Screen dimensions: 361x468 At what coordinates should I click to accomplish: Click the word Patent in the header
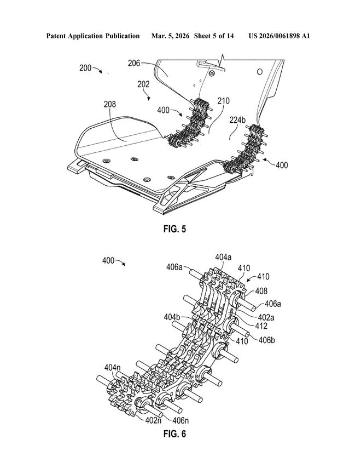[56, 36]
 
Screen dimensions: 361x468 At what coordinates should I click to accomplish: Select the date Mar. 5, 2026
[170, 36]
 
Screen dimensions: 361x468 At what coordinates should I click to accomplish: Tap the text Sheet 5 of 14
[214, 36]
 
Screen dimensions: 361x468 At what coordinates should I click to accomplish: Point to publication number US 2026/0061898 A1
[279, 36]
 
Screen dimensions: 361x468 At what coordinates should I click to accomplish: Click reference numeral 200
[85, 68]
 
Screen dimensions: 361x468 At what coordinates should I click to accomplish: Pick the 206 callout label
[134, 63]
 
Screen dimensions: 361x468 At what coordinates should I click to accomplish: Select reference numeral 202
[143, 84]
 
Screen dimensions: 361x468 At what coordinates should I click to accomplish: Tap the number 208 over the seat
[110, 104]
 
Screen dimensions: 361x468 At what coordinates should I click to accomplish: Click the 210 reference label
[223, 101]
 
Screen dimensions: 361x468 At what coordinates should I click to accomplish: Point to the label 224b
[237, 120]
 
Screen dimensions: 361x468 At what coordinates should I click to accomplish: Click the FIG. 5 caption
[174, 229]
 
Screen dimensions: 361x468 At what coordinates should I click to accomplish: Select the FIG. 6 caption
[174, 433]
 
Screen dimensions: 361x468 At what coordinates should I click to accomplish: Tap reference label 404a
[224, 257]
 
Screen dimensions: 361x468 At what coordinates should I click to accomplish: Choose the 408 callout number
[261, 290]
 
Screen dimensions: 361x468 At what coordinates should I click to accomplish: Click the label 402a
[266, 317]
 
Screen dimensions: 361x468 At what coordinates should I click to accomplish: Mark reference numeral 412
[261, 326]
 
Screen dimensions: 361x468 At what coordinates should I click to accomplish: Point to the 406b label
[266, 340]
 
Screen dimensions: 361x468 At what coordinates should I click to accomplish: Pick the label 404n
[113, 368]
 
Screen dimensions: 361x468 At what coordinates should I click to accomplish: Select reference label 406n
[180, 420]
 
